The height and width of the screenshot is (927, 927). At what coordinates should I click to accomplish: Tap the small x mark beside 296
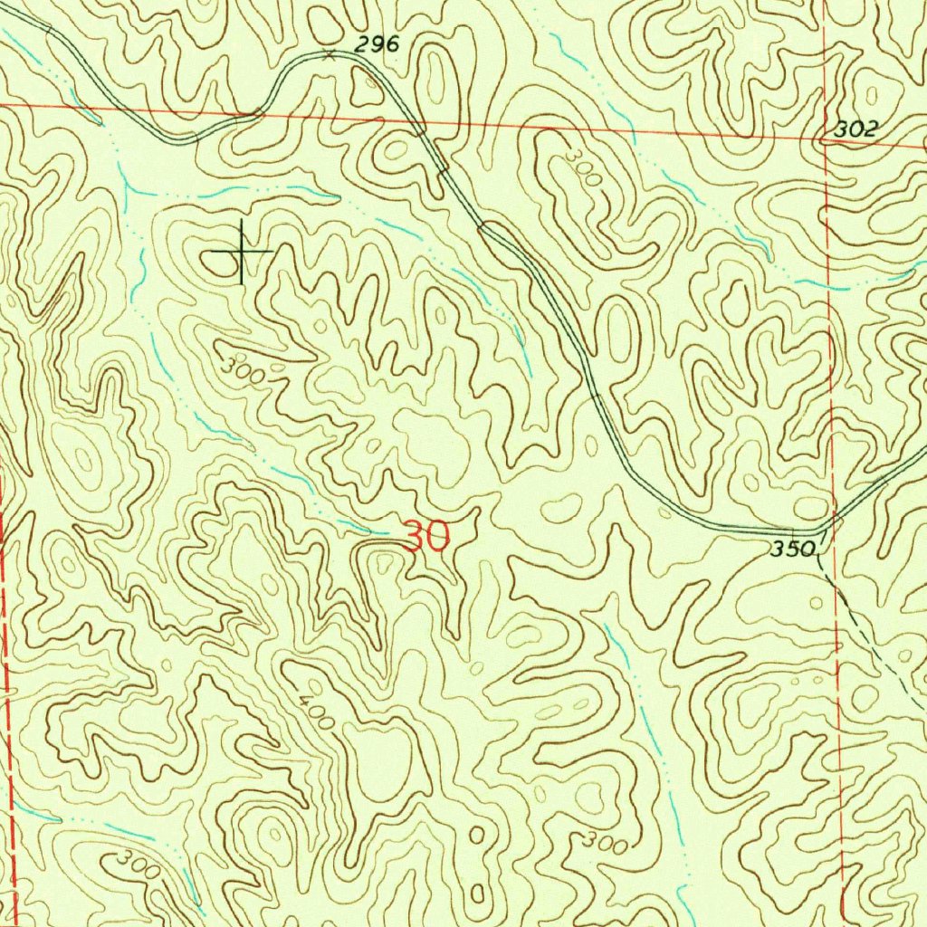coord(330,55)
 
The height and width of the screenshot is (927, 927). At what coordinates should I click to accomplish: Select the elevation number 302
coord(855,129)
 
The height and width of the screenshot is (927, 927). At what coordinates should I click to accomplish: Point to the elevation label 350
coord(794,549)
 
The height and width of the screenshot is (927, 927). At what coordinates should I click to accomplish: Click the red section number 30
coord(426,537)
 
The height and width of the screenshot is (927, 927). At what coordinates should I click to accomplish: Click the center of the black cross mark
coord(242,251)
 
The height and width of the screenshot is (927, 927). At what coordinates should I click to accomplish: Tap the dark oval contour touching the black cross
coord(218,263)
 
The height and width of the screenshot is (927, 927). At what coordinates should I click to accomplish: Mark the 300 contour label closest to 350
coord(604,844)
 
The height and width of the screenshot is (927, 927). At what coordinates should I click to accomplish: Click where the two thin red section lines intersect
coord(827,140)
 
